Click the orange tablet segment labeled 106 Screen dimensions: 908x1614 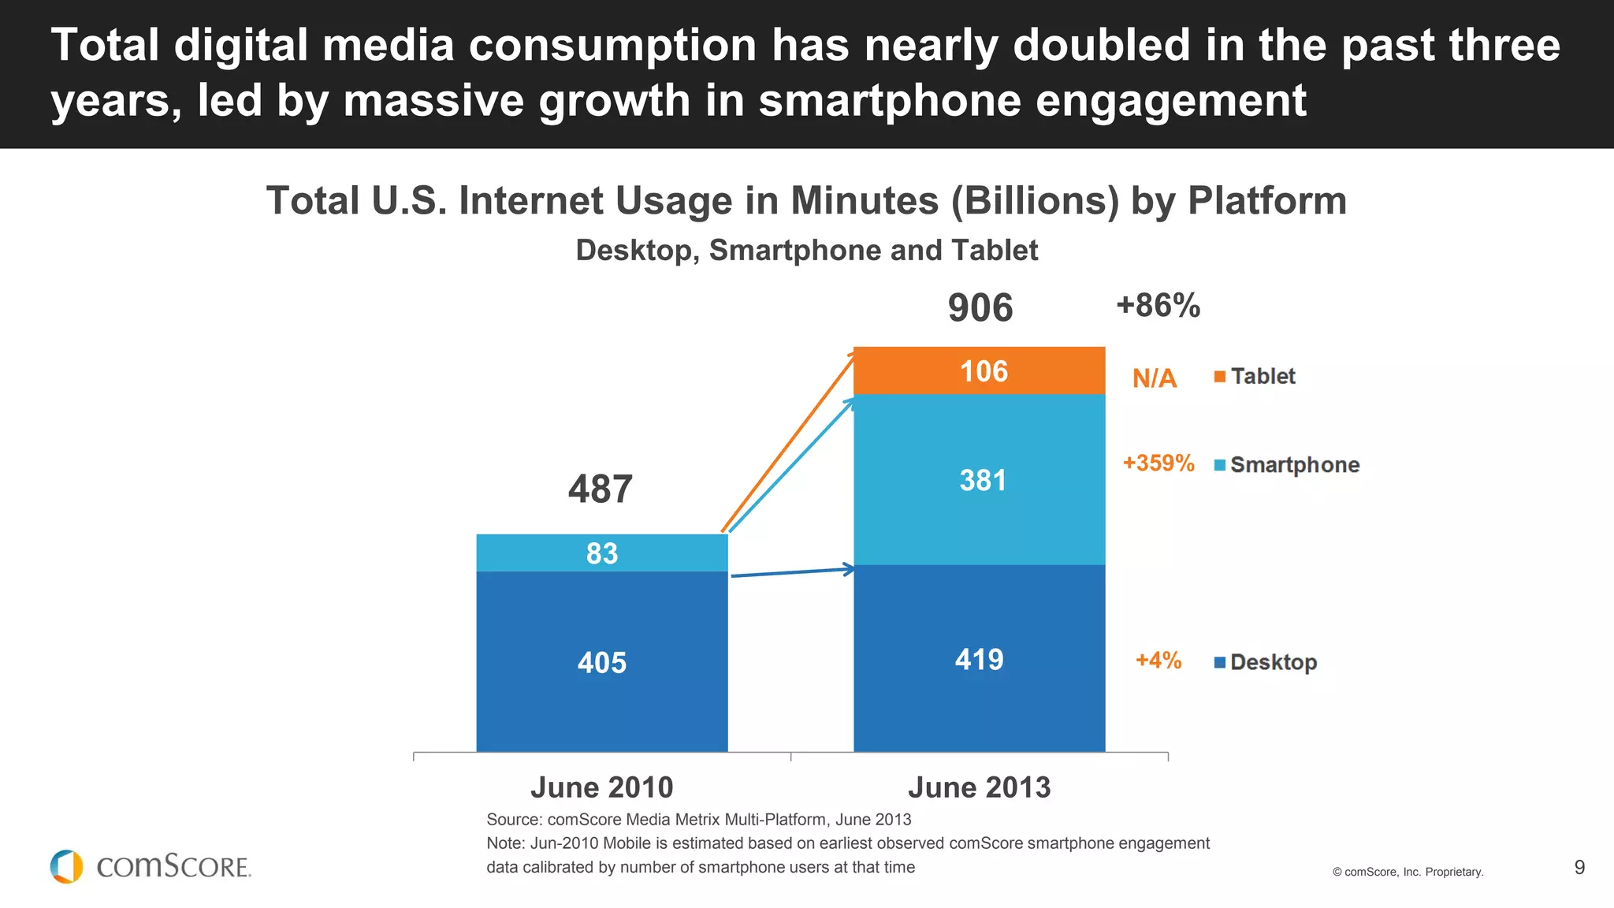click(x=979, y=370)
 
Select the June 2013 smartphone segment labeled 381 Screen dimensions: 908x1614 click(x=979, y=479)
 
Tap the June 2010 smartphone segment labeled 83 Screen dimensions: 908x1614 click(x=601, y=553)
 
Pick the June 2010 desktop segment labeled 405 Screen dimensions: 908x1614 click(x=601, y=662)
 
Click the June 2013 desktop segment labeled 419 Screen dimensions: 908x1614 click(x=979, y=659)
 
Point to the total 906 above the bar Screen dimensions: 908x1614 click(x=980, y=307)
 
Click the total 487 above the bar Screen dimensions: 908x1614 click(x=600, y=489)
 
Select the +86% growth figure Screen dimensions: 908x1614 click(x=1158, y=305)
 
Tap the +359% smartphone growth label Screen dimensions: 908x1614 click(x=1158, y=463)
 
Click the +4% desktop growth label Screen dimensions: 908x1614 click(x=1158, y=660)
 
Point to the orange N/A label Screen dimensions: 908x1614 click(x=1154, y=378)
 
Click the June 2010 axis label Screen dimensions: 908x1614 click(x=601, y=787)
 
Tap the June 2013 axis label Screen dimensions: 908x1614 click(x=979, y=787)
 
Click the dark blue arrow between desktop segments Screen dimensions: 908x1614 click(x=792, y=572)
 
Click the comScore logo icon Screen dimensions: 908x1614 click(x=67, y=866)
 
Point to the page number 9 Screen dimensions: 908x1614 click(x=1579, y=867)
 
